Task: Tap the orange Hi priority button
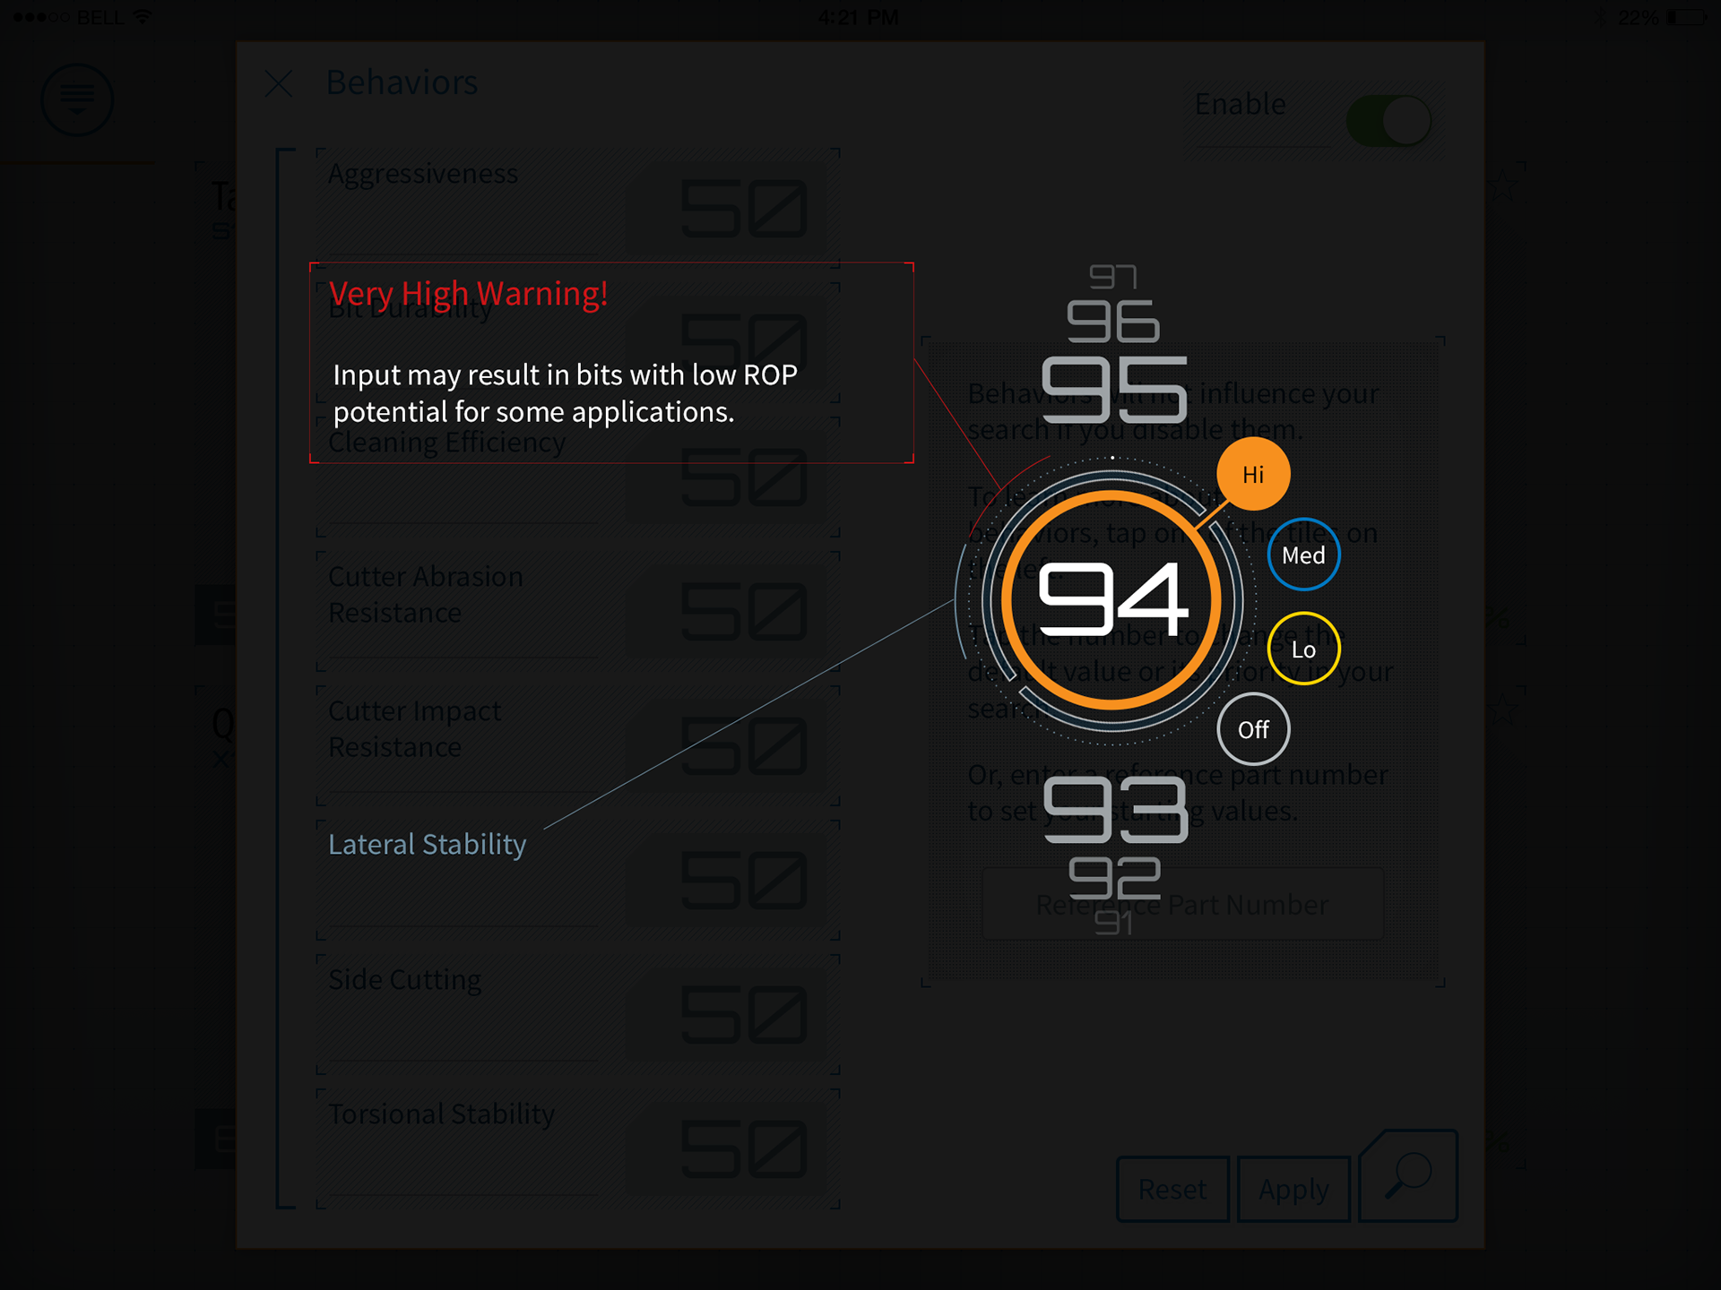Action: click(1253, 474)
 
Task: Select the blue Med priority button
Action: click(1303, 555)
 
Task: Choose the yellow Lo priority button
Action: click(1303, 649)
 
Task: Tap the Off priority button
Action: click(1253, 729)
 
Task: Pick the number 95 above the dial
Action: click(1114, 390)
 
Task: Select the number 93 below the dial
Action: click(1115, 809)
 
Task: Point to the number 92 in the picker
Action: click(1114, 878)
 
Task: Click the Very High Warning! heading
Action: click(468, 294)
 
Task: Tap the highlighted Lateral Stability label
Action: click(427, 844)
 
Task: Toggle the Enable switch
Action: click(1388, 121)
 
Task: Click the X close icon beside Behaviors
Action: click(279, 83)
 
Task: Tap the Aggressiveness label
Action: click(422, 174)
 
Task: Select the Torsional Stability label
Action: click(441, 1114)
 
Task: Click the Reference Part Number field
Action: click(1181, 905)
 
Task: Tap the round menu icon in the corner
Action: click(77, 99)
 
